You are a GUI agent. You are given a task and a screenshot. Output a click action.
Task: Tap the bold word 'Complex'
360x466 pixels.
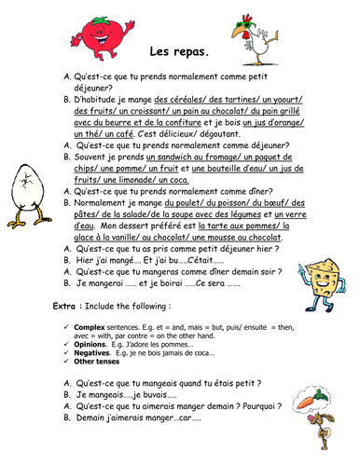tap(91, 323)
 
